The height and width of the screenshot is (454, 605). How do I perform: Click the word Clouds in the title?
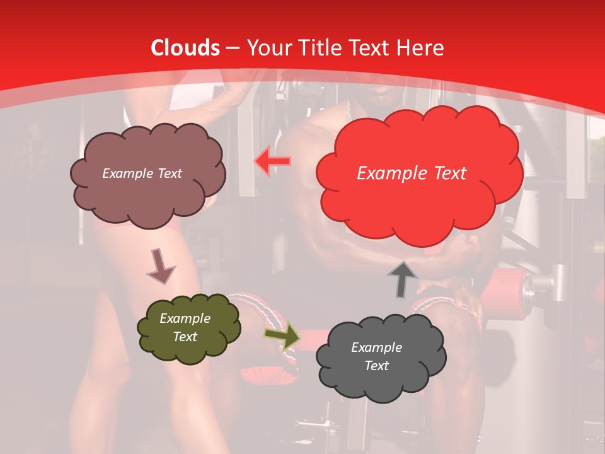[x=185, y=48]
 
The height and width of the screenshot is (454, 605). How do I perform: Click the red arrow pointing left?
[x=272, y=161]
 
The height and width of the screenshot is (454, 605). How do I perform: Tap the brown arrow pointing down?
[x=161, y=265]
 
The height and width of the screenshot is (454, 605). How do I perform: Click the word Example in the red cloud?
[x=391, y=173]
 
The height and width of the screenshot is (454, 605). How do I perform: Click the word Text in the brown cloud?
[x=168, y=173]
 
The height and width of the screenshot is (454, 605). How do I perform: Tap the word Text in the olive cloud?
[x=185, y=337]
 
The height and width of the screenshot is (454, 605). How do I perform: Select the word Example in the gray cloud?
[x=376, y=347]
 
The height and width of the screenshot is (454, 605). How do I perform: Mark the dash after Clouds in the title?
[x=233, y=49]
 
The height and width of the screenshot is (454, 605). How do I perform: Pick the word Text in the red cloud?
[x=449, y=173]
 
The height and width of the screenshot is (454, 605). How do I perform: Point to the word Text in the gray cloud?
[x=376, y=366]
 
